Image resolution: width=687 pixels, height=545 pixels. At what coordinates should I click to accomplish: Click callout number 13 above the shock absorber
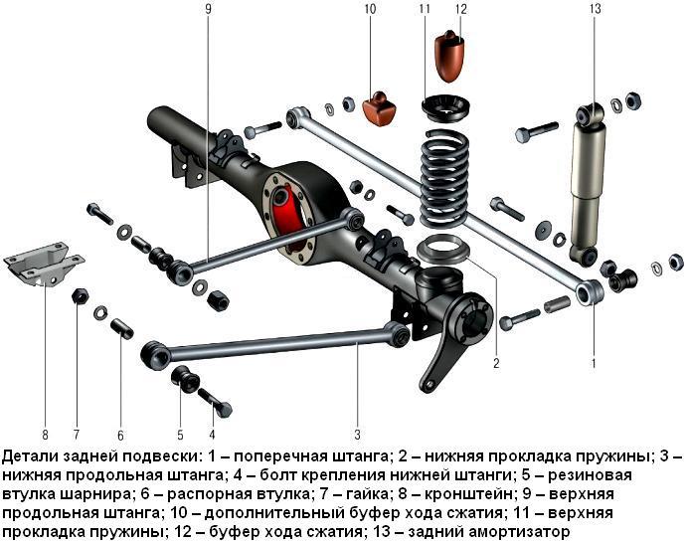point(596,9)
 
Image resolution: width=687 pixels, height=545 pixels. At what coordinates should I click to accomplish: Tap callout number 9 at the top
point(208,9)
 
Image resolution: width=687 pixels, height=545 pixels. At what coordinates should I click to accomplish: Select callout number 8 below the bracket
point(45,435)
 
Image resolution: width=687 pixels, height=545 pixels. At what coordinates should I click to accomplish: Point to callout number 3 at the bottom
point(358,435)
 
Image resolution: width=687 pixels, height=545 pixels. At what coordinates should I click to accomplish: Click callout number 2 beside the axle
point(496,363)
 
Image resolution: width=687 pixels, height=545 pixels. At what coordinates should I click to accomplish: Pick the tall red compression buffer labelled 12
point(450,56)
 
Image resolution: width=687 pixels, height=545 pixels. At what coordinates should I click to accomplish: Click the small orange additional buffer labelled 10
point(380,108)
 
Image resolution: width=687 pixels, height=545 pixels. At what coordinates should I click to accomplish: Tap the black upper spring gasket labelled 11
point(445,108)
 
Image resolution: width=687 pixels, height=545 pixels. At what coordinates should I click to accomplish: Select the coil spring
point(444,178)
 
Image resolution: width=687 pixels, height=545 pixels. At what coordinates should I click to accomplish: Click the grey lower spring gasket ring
point(443,249)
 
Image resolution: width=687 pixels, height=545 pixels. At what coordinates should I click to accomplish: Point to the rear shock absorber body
point(588,184)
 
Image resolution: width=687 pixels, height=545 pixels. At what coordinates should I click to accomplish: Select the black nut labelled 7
point(80,296)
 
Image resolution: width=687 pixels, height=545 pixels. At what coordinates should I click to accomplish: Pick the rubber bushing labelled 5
point(185,379)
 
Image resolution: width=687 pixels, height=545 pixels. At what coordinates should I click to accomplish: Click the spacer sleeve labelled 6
point(122,328)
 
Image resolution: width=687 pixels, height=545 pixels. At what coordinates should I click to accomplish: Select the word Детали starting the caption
point(31,456)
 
